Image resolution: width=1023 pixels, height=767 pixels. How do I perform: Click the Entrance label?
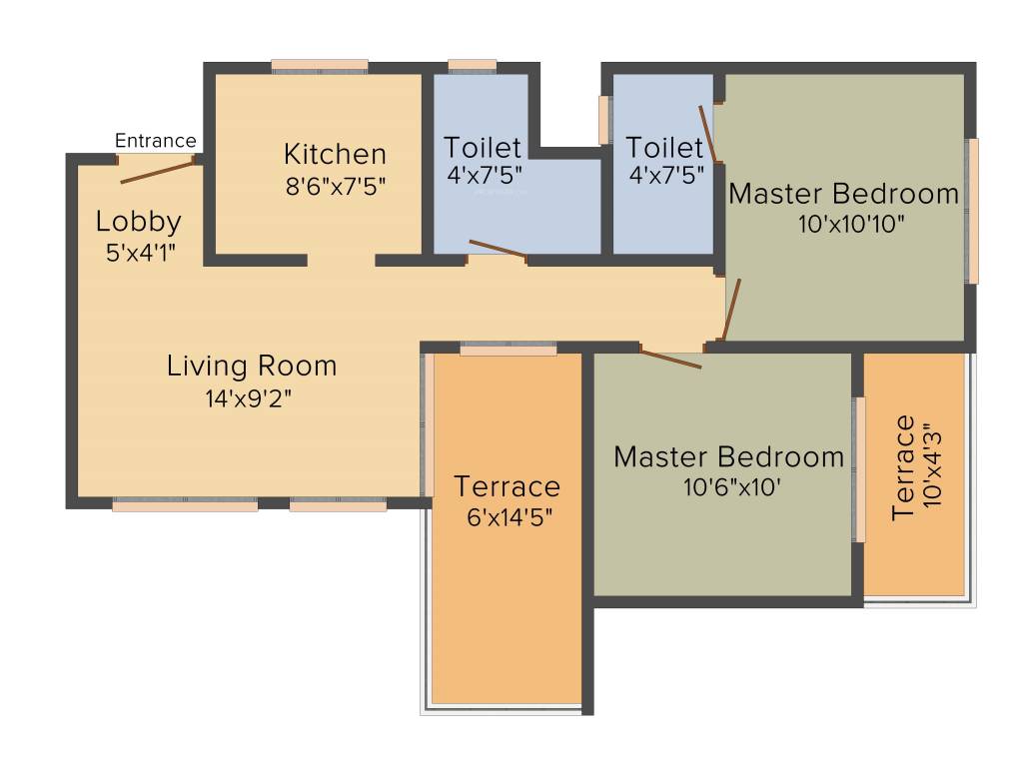(155, 140)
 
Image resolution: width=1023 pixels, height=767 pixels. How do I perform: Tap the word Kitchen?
(336, 155)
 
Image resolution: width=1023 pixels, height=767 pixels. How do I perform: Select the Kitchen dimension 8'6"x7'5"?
(336, 187)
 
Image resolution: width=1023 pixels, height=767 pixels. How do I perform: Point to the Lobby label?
(138, 223)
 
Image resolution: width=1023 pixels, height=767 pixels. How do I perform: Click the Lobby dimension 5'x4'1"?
(140, 253)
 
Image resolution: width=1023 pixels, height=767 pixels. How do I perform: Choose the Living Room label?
(252, 366)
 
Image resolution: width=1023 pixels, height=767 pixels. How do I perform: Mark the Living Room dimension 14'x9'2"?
(249, 397)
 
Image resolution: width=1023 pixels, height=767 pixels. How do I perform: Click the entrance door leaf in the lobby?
(157, 172)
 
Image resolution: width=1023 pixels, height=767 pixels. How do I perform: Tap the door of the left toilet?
(498, 249)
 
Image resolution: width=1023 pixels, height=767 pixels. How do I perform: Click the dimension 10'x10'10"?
(851, 224)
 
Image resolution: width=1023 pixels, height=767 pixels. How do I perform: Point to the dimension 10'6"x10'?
(732, 487)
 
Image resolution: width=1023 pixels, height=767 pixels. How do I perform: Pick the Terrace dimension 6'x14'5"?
(510, 517)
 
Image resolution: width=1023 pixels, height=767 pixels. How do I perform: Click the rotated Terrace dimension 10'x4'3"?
(933, 467)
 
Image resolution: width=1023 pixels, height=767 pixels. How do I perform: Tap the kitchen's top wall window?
(320, 66)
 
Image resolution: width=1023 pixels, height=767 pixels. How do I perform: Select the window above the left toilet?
(473, 65)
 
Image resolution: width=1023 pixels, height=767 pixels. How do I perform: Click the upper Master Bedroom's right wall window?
(973, 211)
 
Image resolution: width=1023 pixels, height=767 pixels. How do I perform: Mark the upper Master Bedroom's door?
(731, 310)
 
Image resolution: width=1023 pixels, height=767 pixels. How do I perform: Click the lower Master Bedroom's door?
(670, 360)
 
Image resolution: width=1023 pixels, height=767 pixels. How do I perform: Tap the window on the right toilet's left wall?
(604, 120)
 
